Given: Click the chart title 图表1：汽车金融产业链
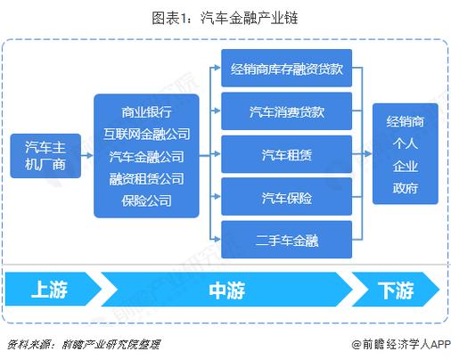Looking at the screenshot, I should point(225,15).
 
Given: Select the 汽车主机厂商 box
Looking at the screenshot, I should point(45,155).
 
